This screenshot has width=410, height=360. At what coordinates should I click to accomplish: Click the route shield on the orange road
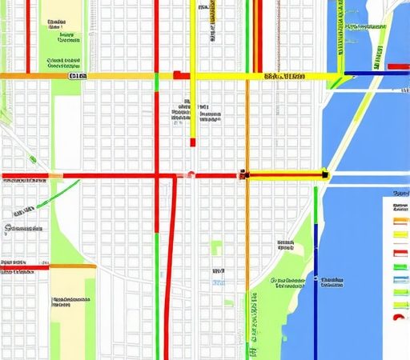tap(78, 76)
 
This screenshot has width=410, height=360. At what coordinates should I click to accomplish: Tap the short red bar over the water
tap(398, 66)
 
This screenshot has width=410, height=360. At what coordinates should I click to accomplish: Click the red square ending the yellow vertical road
tap(192, 142)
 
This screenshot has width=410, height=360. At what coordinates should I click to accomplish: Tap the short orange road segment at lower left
tap(72, 266)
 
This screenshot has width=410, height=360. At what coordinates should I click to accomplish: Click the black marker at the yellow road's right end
tap(325, 172)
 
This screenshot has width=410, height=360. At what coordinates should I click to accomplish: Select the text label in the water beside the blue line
tap(331, 282)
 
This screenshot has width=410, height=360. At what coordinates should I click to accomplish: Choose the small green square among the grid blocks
tap(216, 247)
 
